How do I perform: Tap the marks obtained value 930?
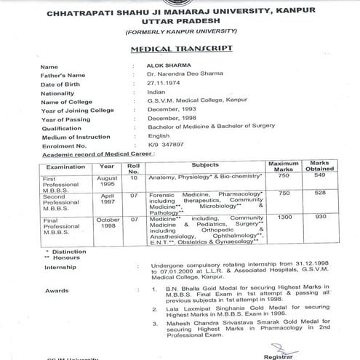tap(321, 217)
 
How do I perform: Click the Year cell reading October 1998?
tap(105, 221)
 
